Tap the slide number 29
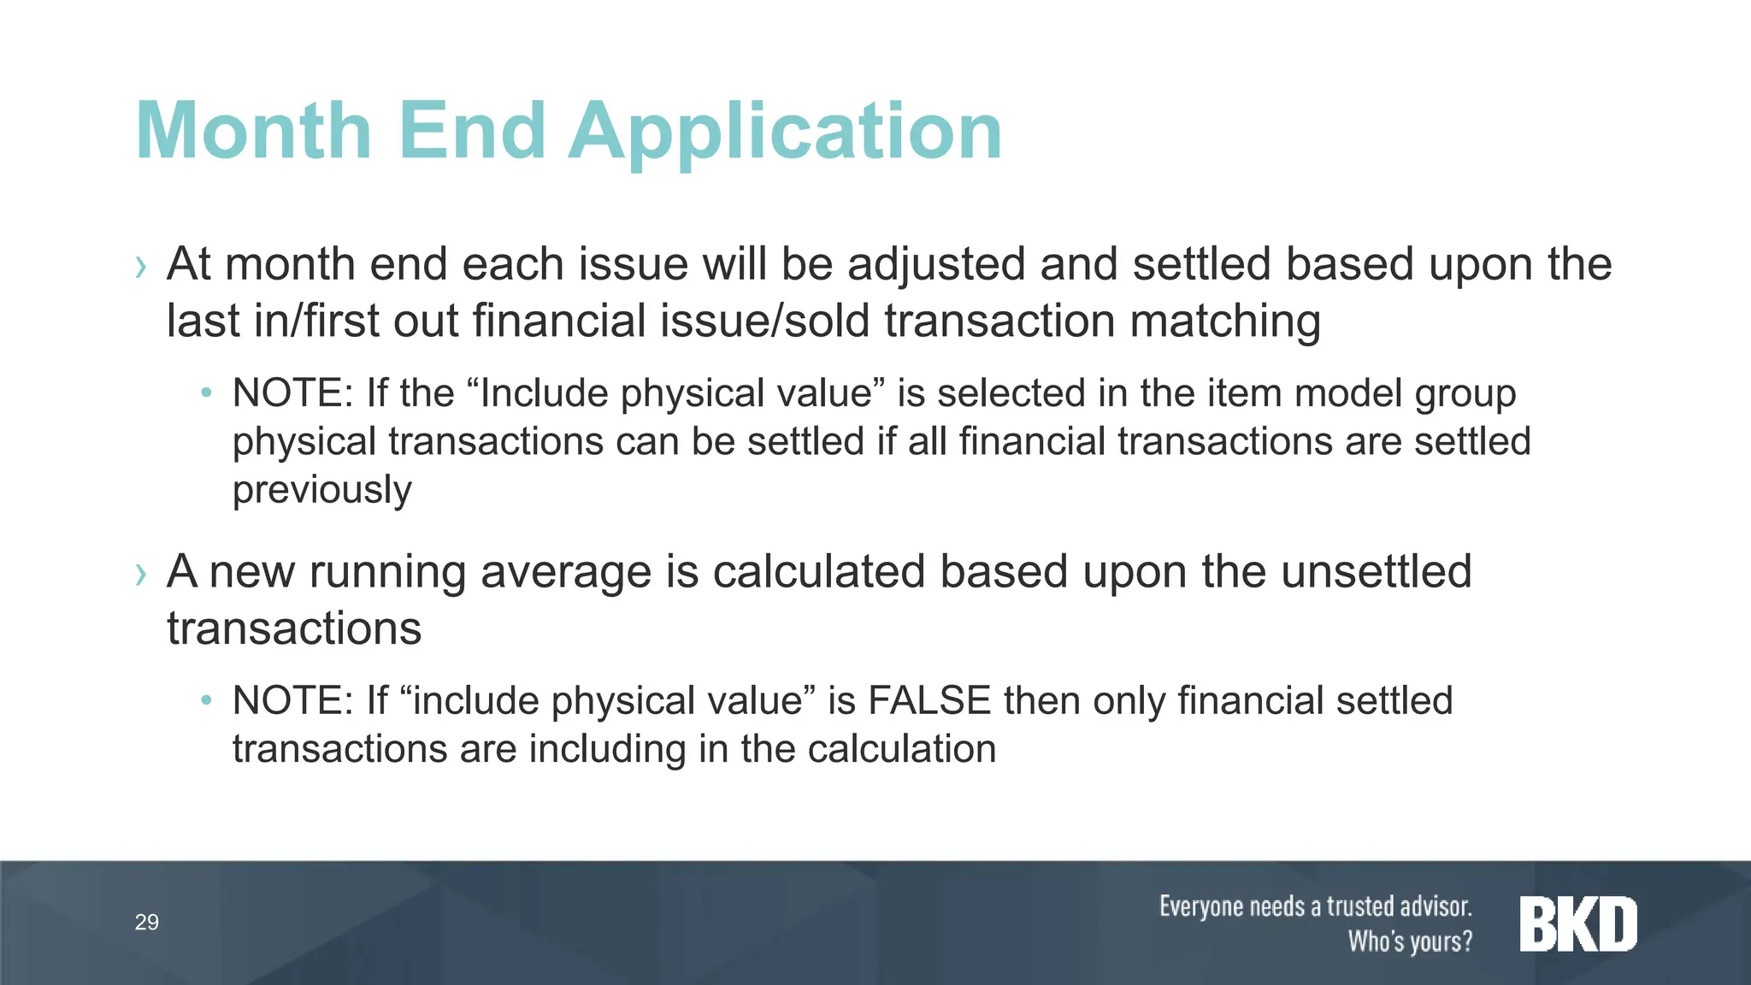pos(147,922)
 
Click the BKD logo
pos(1578,924)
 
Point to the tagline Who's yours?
pos(1410,941)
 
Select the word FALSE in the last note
pos(929,700)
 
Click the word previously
pos(321,490)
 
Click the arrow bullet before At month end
pos(141,268)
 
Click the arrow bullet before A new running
pos(141,575)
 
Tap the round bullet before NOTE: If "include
pos(205,701)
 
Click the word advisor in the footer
pos(1432,906)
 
